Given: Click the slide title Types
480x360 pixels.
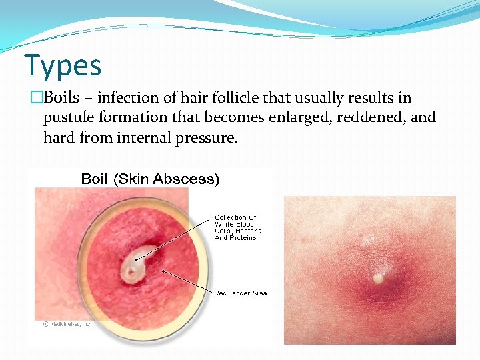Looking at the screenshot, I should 63,65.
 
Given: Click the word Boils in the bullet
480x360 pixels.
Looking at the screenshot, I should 62,98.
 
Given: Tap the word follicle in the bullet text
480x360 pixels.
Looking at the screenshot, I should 234,98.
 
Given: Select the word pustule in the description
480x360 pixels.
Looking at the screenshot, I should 68,118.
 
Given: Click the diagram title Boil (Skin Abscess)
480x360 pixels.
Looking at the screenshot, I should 150,179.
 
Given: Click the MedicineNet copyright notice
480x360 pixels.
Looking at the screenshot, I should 67,323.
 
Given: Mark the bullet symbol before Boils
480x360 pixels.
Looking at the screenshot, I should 33,98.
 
